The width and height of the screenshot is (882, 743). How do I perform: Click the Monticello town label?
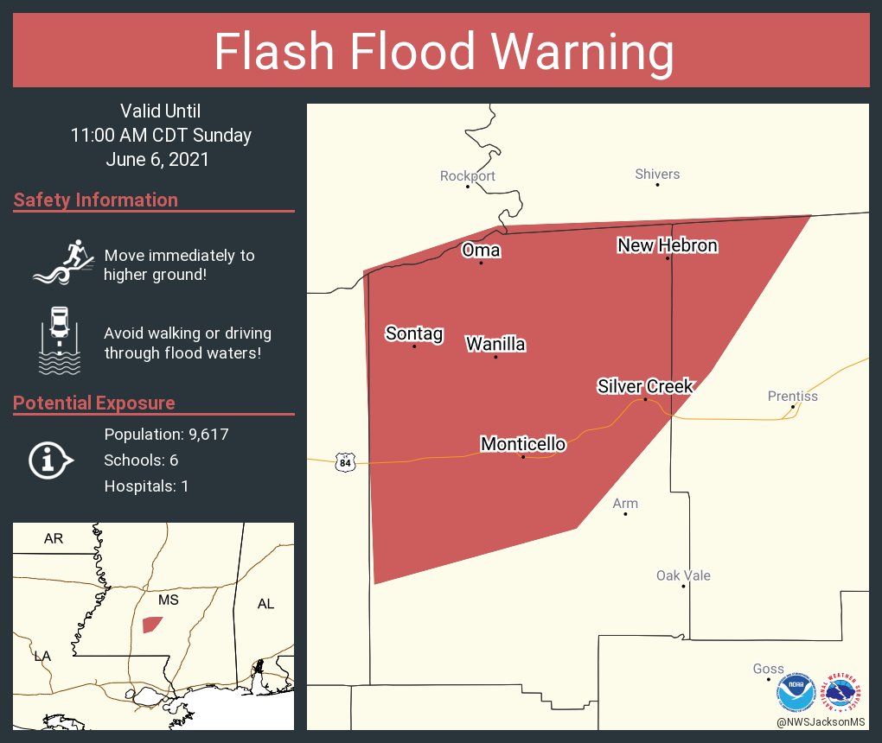[523, 444]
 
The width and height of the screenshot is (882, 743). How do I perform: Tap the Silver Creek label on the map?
[645, 386]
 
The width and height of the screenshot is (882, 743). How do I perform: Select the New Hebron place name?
[668, 245]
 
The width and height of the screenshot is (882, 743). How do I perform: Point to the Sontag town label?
[414, 333]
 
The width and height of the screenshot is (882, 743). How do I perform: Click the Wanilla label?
[495, 344]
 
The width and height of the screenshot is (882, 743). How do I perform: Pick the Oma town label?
[481, 250]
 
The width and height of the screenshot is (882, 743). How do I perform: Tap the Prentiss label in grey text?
[792, 397]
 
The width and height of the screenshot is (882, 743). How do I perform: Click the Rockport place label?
[468, 176]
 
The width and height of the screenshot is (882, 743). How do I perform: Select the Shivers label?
[657, 175]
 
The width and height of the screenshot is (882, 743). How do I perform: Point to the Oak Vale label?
[683, 575]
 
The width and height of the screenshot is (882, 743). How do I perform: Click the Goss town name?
[768, 669]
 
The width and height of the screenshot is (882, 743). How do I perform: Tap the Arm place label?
[625, 504]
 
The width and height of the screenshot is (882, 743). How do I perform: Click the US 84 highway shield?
[346, 462]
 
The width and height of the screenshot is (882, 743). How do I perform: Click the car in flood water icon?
[60, 340]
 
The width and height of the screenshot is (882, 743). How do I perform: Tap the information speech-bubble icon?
[50, 460]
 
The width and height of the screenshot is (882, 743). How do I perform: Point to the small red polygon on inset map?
[151, 624]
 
